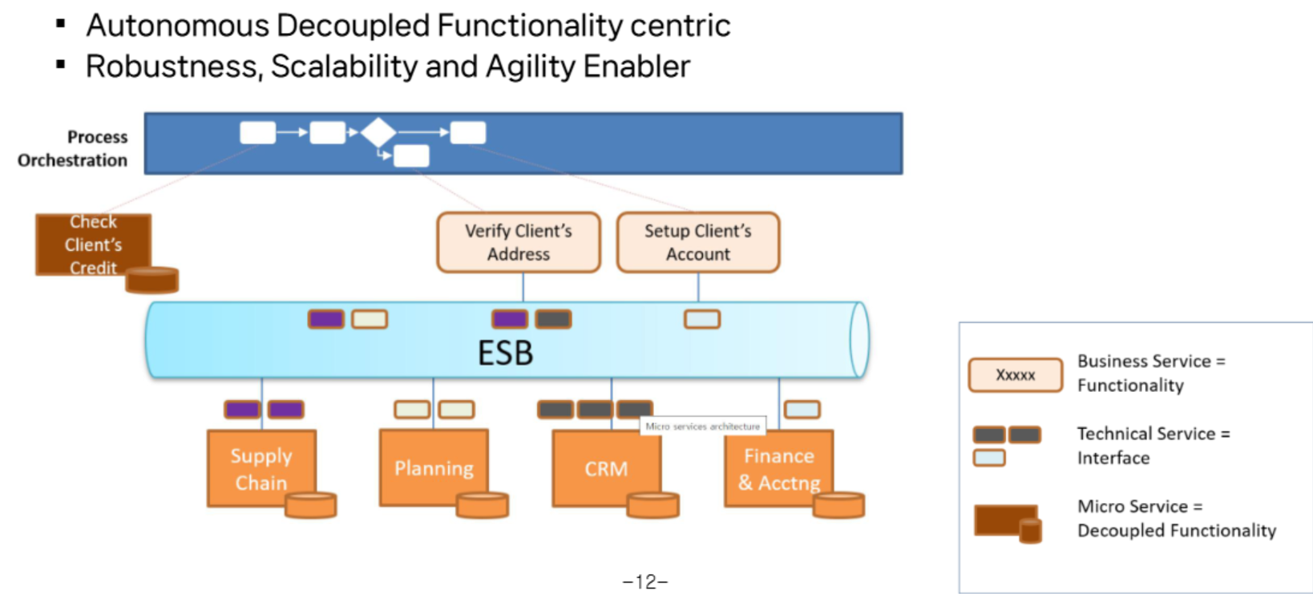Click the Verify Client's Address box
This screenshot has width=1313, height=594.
coord(519,242)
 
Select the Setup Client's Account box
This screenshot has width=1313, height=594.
coord(697,242)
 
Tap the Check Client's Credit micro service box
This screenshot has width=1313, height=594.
coord(92,244)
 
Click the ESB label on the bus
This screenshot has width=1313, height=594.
coord(505,353)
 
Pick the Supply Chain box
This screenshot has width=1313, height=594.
coord(261,468)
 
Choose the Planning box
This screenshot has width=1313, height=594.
coord(433,467)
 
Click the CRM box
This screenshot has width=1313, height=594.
coord(606,468)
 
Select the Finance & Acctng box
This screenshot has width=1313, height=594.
coord(778,468)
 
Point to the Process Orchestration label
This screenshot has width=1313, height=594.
coord(74,148)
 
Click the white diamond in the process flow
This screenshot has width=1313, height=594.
coord(378,131)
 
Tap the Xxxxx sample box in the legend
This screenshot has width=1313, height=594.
coord(1015,374)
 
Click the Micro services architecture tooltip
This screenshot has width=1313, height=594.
coord(702,426)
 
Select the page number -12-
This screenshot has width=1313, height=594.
coord(644,581)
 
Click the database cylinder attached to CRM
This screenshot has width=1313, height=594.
coord(652,505)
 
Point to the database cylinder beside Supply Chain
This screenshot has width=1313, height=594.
coord(311,505)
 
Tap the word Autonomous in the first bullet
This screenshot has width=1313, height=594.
coord(177,26)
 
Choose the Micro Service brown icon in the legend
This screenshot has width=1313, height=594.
coord(1007,522)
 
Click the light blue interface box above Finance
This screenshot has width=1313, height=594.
coord(802,410)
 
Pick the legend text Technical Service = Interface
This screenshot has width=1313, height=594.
coord(1153,446)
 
